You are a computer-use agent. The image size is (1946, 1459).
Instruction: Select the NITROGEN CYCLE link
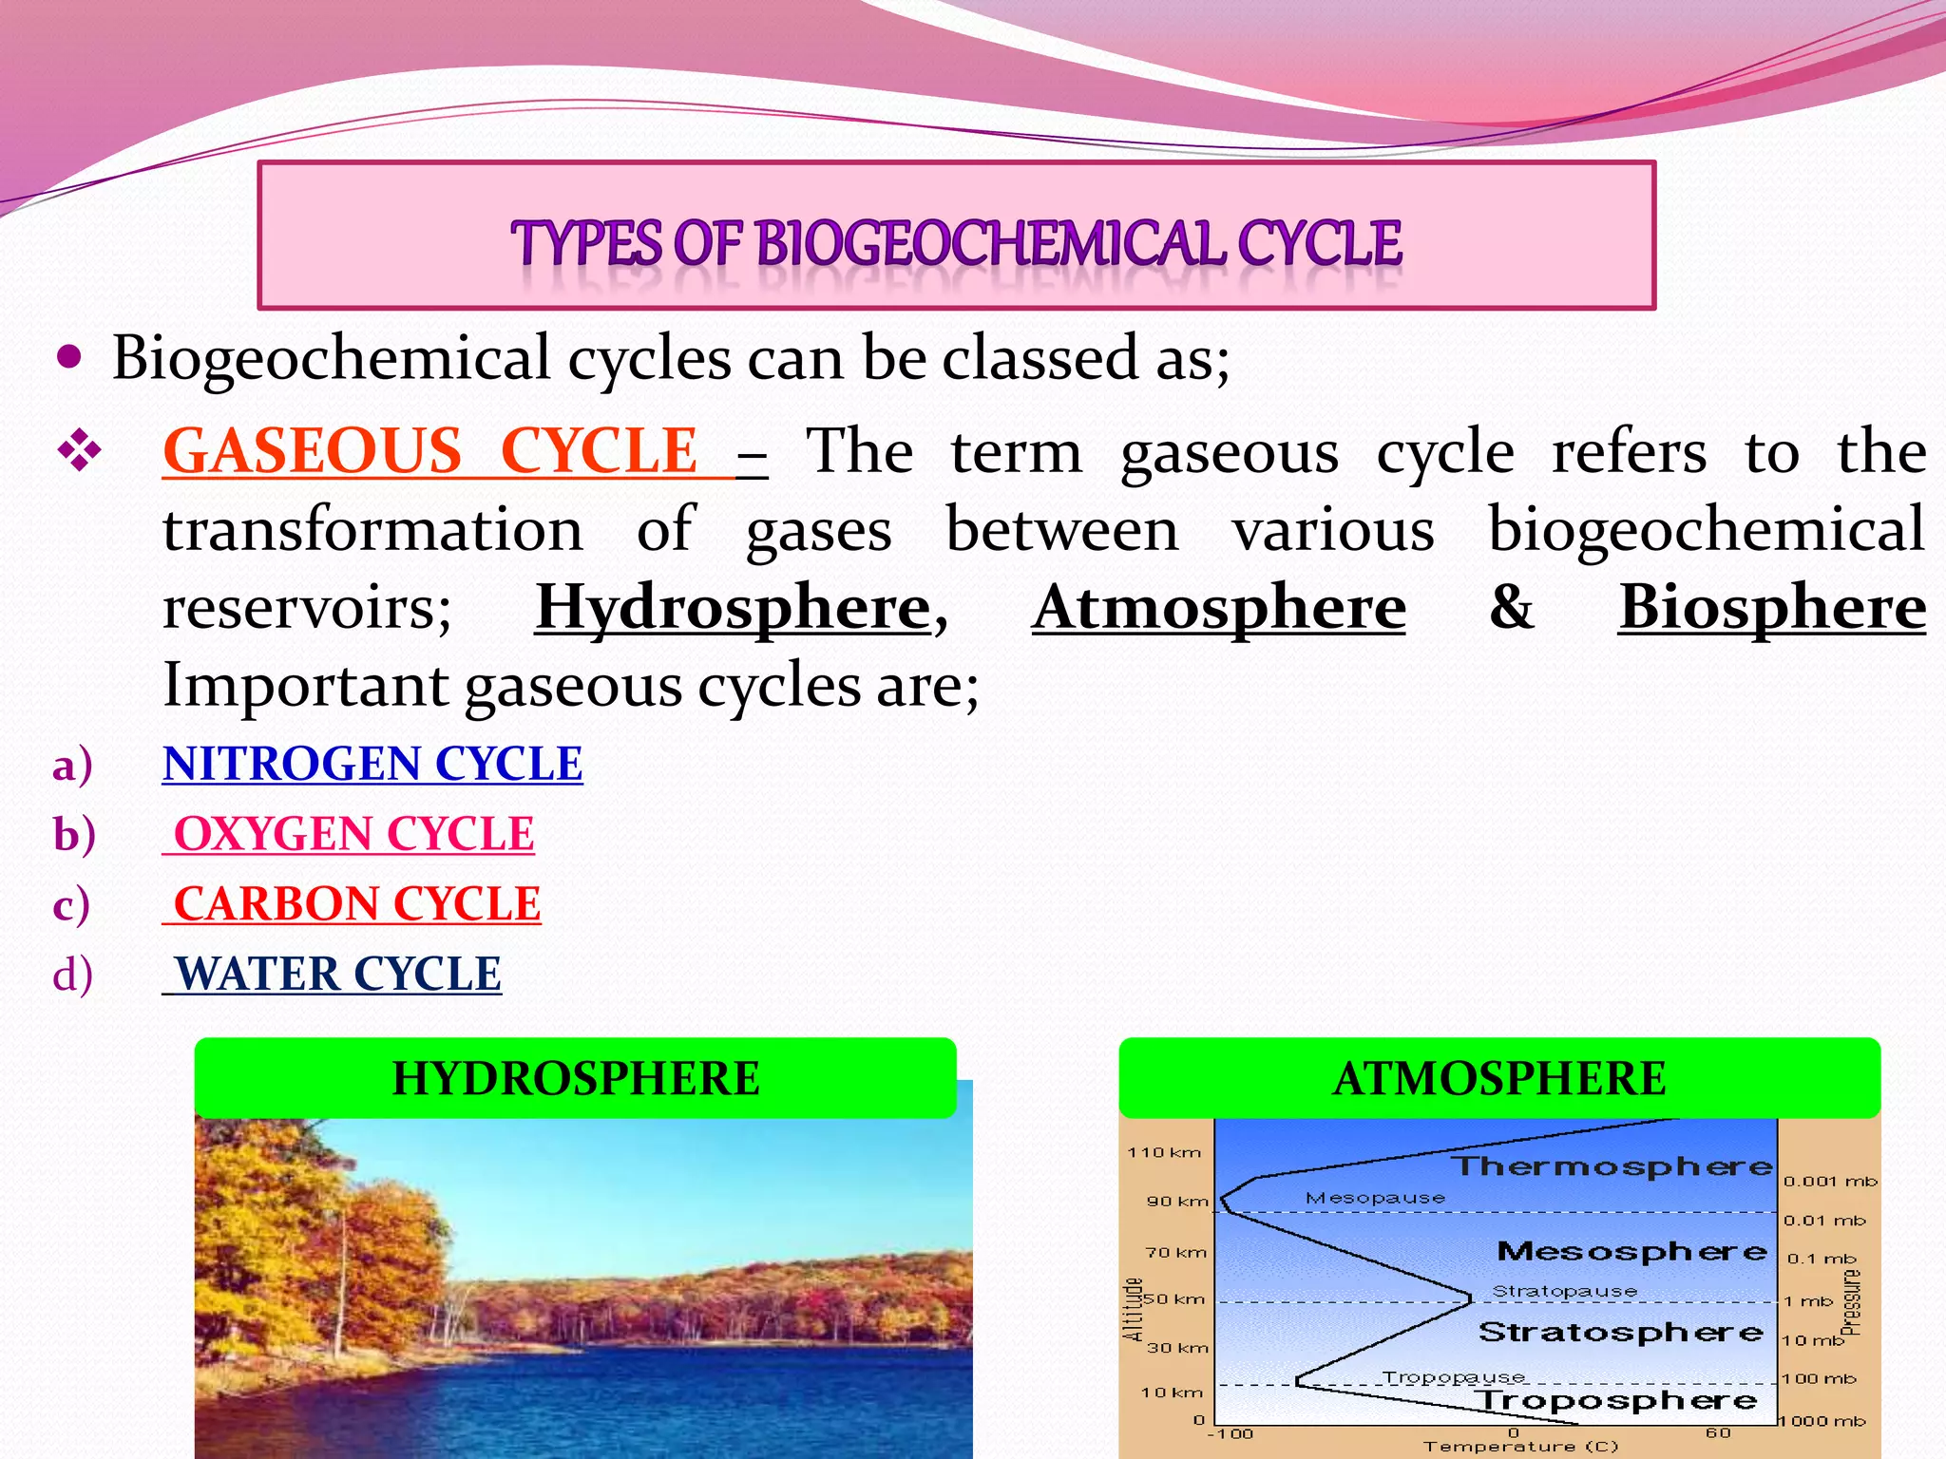[372, 764]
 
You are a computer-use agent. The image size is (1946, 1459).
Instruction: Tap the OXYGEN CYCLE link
[353, 834]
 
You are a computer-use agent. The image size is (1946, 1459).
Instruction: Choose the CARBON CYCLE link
[356, 903]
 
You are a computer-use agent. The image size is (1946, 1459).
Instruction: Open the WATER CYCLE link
[338, 974]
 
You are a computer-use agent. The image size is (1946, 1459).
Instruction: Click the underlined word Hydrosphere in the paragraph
[733, 607]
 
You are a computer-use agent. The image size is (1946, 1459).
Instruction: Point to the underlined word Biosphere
[1772, 607]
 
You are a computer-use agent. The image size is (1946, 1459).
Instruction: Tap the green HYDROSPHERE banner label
[576, 1079]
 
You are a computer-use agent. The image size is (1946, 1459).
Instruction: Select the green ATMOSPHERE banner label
[1499, 1079]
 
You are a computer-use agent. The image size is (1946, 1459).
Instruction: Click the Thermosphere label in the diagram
[1612, 1166]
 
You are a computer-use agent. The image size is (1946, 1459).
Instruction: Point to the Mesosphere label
[1631, 1251]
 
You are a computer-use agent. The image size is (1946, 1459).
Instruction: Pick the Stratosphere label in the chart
[1620, 1332]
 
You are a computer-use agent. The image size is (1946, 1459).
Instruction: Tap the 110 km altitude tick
[1164, 1152]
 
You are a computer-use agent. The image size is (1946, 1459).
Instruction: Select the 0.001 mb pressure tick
[1830, 1182]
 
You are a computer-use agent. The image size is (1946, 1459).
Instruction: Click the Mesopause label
[1375, 1198]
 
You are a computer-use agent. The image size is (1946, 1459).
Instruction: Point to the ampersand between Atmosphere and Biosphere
[1511, 607]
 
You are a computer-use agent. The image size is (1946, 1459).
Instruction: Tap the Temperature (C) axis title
[1520, 1447]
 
